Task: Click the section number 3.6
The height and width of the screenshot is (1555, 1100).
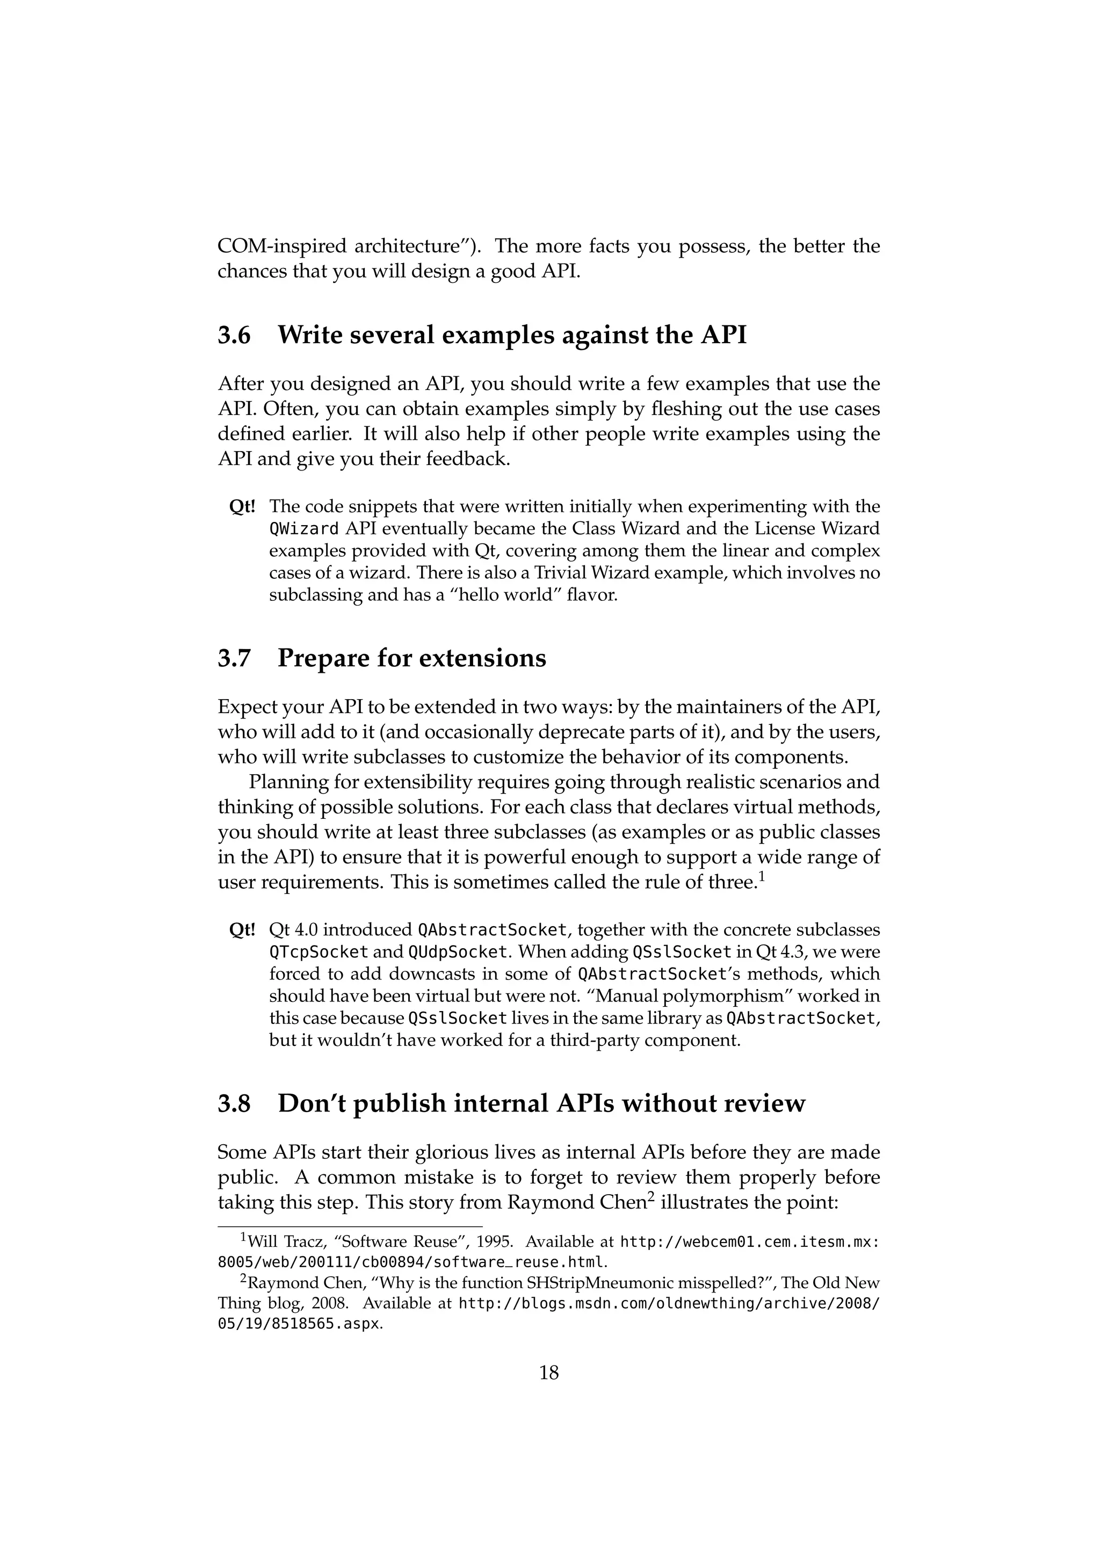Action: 234,336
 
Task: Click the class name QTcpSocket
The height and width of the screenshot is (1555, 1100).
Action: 319,952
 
